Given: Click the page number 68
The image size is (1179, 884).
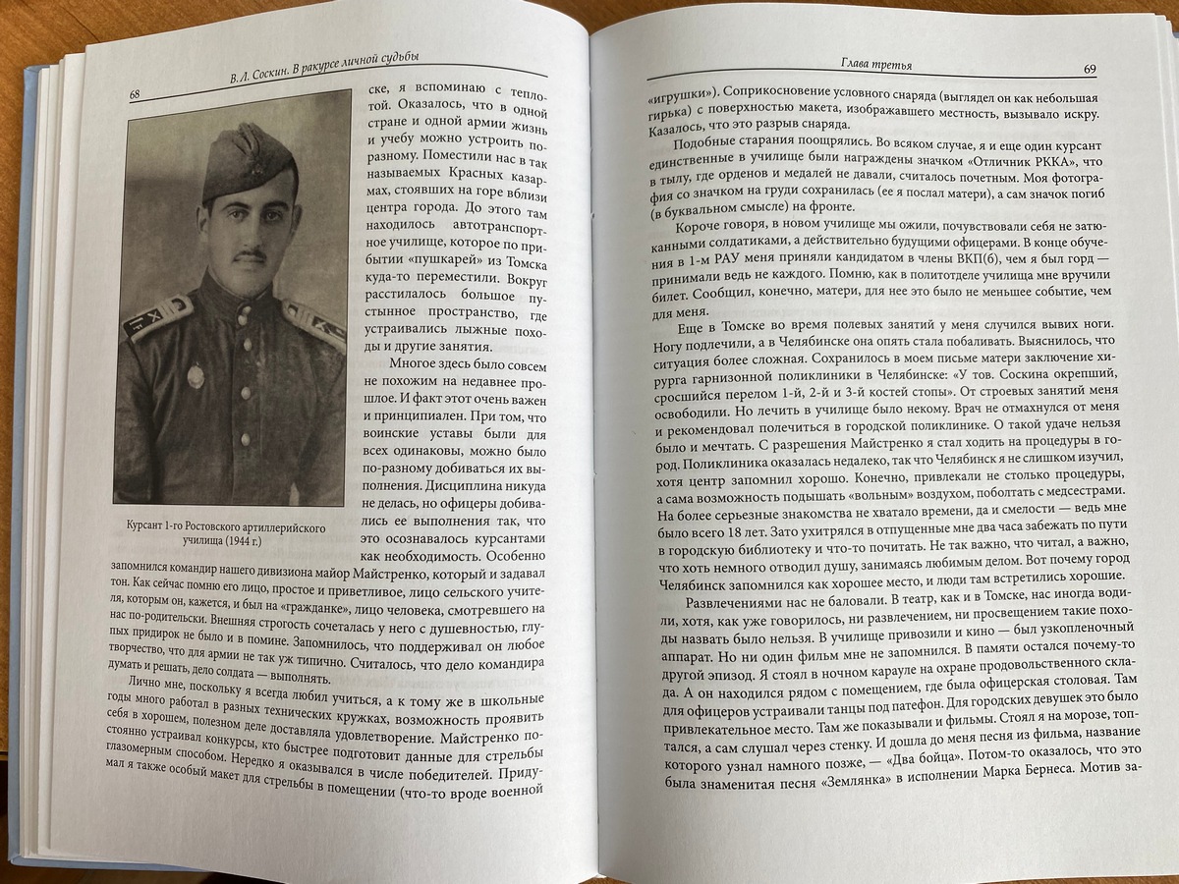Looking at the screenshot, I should tap(137, 94).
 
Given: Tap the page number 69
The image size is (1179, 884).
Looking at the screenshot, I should tap(1090, 70).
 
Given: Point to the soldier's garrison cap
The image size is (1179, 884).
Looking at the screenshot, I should tap(247, 159).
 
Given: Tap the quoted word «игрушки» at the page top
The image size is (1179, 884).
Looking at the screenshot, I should tap(682, 100).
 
